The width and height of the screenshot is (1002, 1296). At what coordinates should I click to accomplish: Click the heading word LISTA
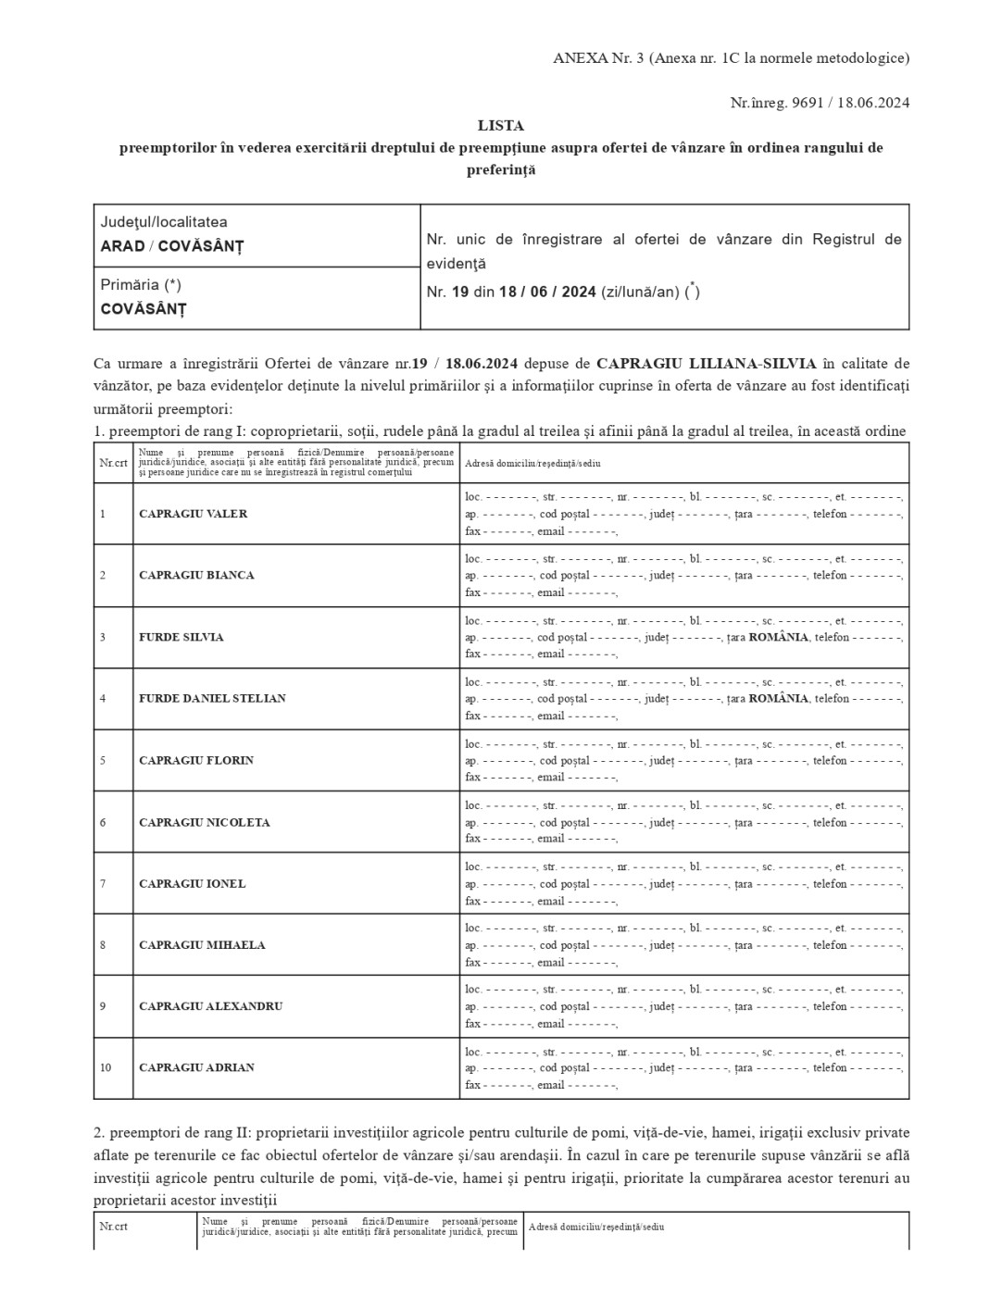500,125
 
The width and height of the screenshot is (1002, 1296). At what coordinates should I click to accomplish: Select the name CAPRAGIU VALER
193,514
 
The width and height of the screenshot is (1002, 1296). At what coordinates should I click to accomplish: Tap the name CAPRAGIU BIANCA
196,575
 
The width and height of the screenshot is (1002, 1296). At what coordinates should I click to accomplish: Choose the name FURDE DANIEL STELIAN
212,698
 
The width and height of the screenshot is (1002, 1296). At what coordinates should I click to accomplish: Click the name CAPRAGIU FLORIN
196,760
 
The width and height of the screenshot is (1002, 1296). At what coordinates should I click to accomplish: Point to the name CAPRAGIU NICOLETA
204,822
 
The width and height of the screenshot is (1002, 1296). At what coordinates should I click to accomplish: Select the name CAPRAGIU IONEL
192,883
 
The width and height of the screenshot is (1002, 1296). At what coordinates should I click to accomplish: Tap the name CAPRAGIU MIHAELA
202,945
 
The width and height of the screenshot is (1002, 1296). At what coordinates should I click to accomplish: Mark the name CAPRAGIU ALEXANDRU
210,1006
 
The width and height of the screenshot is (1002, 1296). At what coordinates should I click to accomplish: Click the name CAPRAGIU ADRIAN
196,1067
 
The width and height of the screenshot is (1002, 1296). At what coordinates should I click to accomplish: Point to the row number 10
106,1067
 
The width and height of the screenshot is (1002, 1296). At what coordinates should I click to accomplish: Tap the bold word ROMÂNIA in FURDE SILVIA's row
778,637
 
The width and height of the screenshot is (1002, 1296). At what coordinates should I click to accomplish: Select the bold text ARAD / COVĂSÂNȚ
171,246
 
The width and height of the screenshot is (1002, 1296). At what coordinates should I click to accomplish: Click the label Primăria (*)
141,285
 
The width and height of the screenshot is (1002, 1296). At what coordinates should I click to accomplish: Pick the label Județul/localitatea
164,222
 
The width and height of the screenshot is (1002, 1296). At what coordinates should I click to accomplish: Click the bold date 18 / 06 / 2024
547,292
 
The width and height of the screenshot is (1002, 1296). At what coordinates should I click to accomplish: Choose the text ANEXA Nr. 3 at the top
598,58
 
